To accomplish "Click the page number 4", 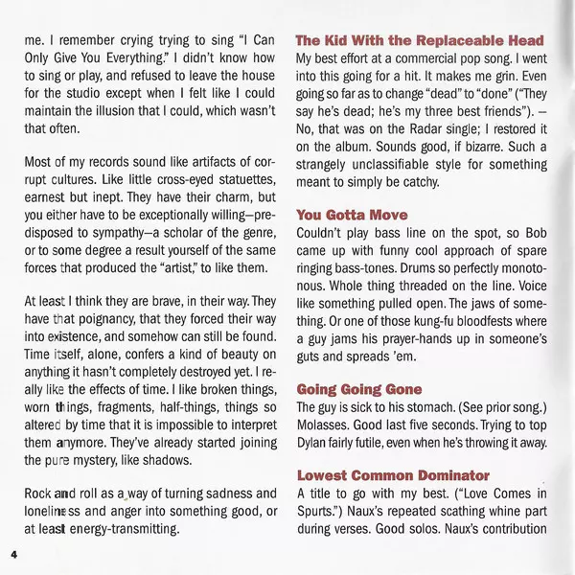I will pyautogui.click(x=14, y=555).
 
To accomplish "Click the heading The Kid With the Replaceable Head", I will pyautogui.click(x=420, y=40).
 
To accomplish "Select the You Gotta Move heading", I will pyautogui.click(x=352, y=215).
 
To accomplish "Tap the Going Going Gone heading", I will pyautogui.click(x=358, y=389).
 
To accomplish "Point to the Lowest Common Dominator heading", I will pyautogui.click(x=393, y=475).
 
